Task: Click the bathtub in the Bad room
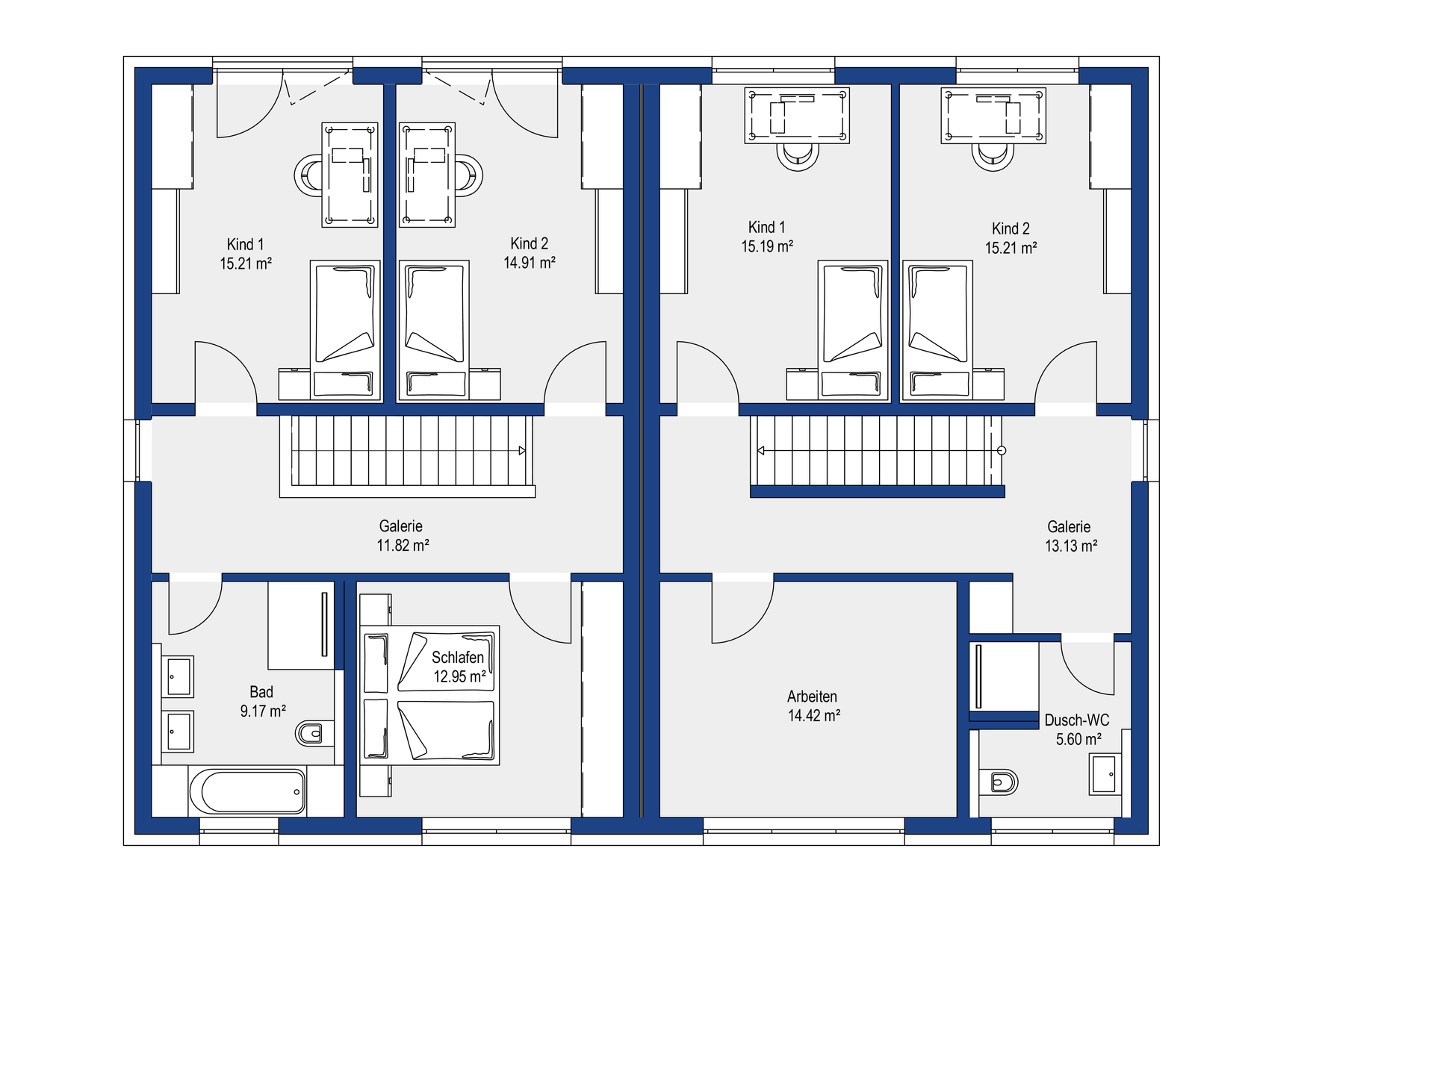pos(247,792)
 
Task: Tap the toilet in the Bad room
pos(309,733)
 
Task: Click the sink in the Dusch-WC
pos(1105,774)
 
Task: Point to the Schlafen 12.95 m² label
pos(459,667)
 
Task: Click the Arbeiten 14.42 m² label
pos(813,706)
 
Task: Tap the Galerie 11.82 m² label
pos(403,536)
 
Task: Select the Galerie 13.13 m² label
pos(1070,536)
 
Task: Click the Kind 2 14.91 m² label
pos(529,253)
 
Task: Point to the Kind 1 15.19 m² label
pos(767,237)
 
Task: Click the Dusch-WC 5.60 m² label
pos(1077,729)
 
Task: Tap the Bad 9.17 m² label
pos(262,701)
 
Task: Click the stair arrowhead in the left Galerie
pos(522,451)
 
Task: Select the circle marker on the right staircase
pos(1002,451)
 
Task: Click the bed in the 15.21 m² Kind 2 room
pos(937,329)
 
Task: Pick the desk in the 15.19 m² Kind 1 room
pos(797,115)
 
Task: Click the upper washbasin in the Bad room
pos(178,676)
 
